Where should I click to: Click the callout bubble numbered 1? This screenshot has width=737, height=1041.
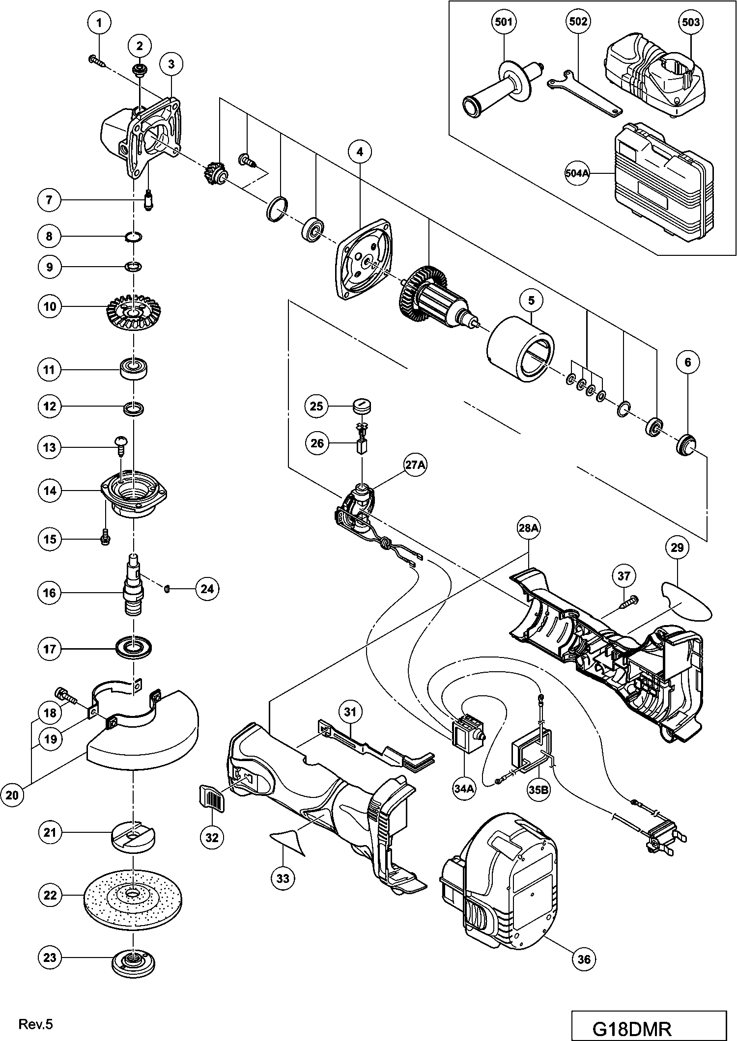(x=100, y=22)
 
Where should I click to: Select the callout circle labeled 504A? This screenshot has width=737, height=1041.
(x=577, y=174)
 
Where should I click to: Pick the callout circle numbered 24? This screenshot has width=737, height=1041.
(x=207, y=588)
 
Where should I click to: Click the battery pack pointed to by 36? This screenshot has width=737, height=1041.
(x=501, y=879)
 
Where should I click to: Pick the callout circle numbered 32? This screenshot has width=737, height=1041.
(x=212, y=837)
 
